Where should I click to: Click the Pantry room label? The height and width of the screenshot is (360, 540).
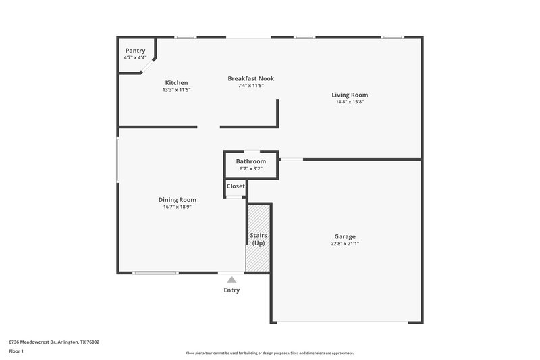click(x=135, y=51)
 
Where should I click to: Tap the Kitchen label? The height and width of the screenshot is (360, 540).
click(x=176, y=83)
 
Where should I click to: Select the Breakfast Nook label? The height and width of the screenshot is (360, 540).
click(x=250, y=78)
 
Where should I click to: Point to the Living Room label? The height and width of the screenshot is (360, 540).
click(x=349, y=95)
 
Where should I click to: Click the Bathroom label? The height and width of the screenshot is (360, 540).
click(x=250, y=161)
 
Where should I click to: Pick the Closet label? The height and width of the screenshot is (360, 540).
click(x=236, y=186)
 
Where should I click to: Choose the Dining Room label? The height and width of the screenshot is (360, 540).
click(x=177, y=199)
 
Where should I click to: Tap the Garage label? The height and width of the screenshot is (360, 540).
click(x=345, y=236)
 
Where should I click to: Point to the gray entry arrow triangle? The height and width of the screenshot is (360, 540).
click(x=232, y=280)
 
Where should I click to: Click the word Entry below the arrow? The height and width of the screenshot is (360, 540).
click(x=232, y=290)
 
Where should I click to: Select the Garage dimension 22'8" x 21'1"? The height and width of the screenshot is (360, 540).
click(x=345, y=244)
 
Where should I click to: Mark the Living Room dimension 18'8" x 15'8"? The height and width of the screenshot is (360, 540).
click(x=349, y=102)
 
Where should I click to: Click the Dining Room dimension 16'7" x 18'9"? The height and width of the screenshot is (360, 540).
click(x=177, y=207)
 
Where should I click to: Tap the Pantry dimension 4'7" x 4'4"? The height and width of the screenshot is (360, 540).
click(x=135, y=57)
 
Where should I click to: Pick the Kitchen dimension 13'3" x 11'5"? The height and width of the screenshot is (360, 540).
click(x=176, y=90)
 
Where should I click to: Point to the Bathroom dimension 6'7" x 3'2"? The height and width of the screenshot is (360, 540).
click(x=250, y=168)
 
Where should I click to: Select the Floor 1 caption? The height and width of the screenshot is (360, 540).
click(x=16, y=352)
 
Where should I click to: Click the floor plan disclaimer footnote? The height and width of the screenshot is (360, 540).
click(x=269, y=353)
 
